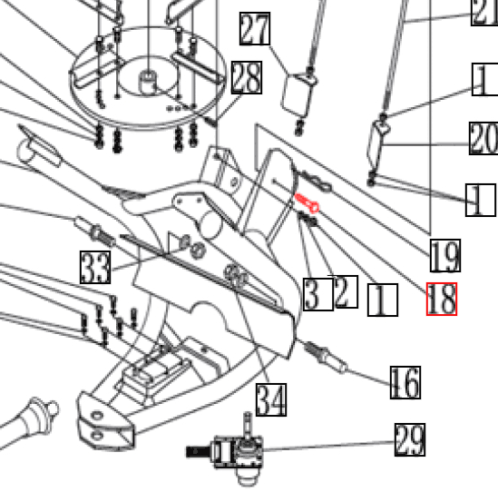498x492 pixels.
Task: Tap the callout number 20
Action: click(483, 139)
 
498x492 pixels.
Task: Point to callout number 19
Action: click(444, 257)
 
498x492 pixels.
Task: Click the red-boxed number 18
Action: click(442, 299)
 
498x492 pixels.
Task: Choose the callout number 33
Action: click(95, 267)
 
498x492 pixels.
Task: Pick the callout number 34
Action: click(270, 399)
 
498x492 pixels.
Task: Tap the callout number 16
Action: click(405, 383)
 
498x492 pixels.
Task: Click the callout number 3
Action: click(313, 294)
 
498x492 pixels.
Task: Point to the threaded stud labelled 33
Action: click(94, 228)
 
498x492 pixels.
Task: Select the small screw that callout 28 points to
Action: click(212, 117)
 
